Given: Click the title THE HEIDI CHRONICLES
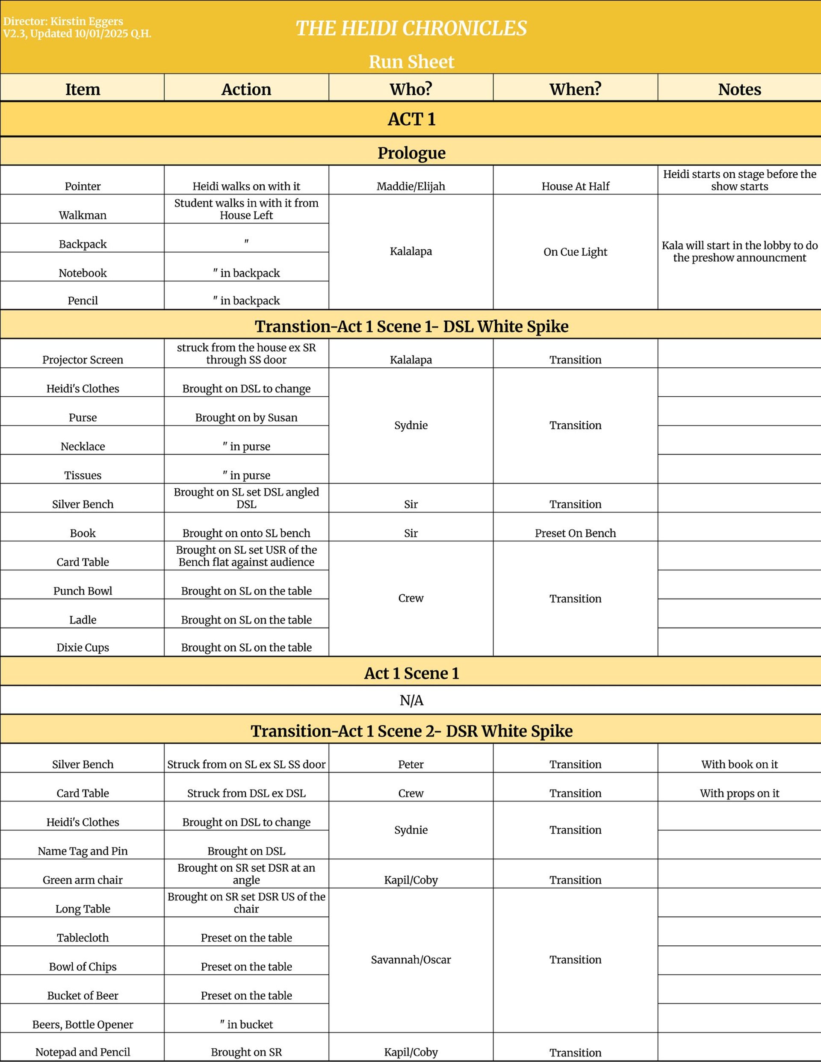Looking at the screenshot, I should click(411, 28).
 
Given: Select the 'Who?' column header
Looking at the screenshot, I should click(410, 89).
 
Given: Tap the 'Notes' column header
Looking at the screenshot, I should click(739, 89).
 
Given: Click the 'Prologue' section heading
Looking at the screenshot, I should click(411, 153).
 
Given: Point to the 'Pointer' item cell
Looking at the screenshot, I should click(83, 186).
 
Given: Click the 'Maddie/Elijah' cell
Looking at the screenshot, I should click(410, 186).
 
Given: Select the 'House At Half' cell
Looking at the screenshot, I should click(576, 186).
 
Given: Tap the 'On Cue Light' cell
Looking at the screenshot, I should click(576, 252).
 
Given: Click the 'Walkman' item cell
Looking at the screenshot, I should click(83, 215).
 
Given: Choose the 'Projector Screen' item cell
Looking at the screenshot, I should click(83, 360).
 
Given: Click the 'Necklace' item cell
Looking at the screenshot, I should click(83, 446).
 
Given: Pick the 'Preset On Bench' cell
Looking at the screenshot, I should click(576, 533).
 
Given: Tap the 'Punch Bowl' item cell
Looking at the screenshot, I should click(83, 591).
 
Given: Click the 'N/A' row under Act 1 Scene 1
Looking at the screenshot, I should click(411, 700).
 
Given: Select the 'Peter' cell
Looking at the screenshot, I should click(410, 764).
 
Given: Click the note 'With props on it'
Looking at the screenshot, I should click(739, 793).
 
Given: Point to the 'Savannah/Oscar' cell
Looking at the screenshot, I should click(410, 959).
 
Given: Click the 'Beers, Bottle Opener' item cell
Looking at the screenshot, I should click(83, 1024).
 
